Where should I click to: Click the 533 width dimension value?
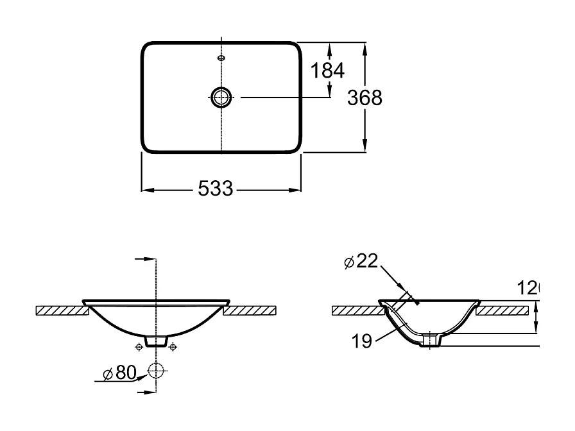point(215,189)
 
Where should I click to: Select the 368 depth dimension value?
point(365,97)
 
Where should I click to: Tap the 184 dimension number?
point(328,70)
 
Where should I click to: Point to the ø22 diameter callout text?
point(361,261)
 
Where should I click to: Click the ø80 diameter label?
point(120,373)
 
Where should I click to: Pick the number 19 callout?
point(363,341)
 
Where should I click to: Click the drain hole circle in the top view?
point(221,97)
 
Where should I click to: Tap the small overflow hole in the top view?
point(221,58)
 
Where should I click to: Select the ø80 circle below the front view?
point(156,370)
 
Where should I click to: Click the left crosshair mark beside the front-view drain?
point(139,347)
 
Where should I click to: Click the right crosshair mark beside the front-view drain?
point(172,347)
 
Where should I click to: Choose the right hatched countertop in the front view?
point(250,310)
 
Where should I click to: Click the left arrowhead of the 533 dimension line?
point(146,190)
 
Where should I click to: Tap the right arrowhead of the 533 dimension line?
point(297,190)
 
